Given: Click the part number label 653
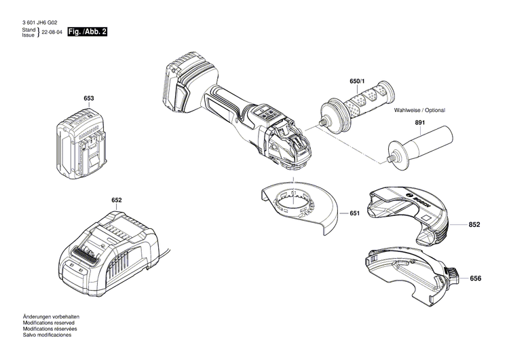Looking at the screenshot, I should point(88,99).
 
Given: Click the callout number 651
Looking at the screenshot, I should point(354,213).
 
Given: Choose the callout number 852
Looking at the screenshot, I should point(474,224).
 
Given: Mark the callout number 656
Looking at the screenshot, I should point(476,278).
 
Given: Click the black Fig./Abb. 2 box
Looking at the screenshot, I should point(88,32).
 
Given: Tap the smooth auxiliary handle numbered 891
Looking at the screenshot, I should point(414,144).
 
